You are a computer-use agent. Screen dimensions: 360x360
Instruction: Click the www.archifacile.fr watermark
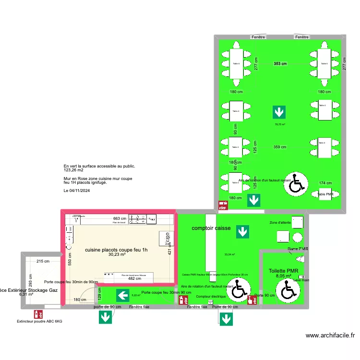[330, 336]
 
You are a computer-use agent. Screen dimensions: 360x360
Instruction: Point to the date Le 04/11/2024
[77, 191]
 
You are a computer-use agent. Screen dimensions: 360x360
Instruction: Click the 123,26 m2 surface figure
[73, 170]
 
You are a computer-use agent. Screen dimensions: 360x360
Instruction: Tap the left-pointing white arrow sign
[123, 295]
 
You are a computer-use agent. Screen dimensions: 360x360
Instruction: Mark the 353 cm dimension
[280, 64]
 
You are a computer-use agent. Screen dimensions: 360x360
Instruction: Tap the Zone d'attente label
[280, 223]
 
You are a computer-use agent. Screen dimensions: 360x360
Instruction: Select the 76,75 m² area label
[280, 125]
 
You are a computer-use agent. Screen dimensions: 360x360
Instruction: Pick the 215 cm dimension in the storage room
[43, 261]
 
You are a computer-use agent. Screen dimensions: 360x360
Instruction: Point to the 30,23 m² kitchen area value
[117, 255]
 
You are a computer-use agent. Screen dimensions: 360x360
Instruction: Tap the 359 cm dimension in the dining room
[280, 147]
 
